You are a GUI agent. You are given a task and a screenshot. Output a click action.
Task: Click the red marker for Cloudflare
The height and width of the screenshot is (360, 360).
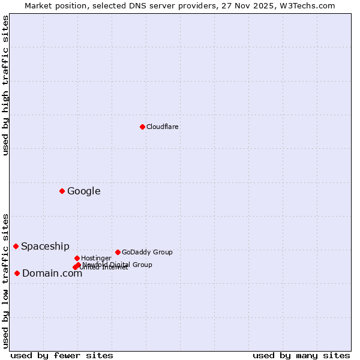click(x=142, y=127)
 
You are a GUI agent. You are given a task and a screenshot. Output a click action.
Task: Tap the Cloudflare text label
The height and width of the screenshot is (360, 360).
click(x=162, y=127)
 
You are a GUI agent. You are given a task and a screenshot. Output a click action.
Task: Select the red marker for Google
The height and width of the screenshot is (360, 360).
click(x=62, y=191)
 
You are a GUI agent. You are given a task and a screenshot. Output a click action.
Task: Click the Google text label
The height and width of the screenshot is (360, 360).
click(x=83, y=191)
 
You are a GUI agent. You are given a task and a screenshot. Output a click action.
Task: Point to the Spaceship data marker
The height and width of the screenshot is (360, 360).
click(x=16, y=246)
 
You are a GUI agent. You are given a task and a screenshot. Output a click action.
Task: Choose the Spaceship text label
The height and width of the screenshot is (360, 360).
click(x=45, y=247)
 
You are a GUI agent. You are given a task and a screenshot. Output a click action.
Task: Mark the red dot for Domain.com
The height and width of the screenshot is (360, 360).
click(x=17, y=273)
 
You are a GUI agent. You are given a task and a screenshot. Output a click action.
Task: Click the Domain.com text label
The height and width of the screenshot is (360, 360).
click(x=52, y=274)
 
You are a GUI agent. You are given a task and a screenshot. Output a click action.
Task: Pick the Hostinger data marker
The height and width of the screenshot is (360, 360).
click(x=77, y=258)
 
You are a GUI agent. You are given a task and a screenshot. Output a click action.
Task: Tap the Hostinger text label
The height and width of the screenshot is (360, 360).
click(x=96, y=258)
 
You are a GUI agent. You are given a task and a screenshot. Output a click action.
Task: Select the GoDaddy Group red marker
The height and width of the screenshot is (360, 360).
click(x=118, y=252)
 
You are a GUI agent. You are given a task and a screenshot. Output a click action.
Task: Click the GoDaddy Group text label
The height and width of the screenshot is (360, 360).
click(x=147, y=252)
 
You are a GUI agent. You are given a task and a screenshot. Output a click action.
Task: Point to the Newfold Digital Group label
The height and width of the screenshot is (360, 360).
click(x=118, y=264)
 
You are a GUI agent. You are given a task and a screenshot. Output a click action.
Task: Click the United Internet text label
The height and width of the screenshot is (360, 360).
click(x=105, y=268)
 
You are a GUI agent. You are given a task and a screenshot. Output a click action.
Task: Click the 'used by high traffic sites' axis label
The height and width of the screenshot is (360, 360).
click(x=5, y=85)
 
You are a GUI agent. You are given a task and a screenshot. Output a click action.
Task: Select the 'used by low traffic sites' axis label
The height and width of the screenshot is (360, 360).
click(x=5, y=280)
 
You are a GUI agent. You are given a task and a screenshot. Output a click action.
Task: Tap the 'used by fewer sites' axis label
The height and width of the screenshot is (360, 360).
click(x=62, y=355)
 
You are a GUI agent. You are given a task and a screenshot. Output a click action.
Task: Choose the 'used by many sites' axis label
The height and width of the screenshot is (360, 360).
click(x=301, y=355)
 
